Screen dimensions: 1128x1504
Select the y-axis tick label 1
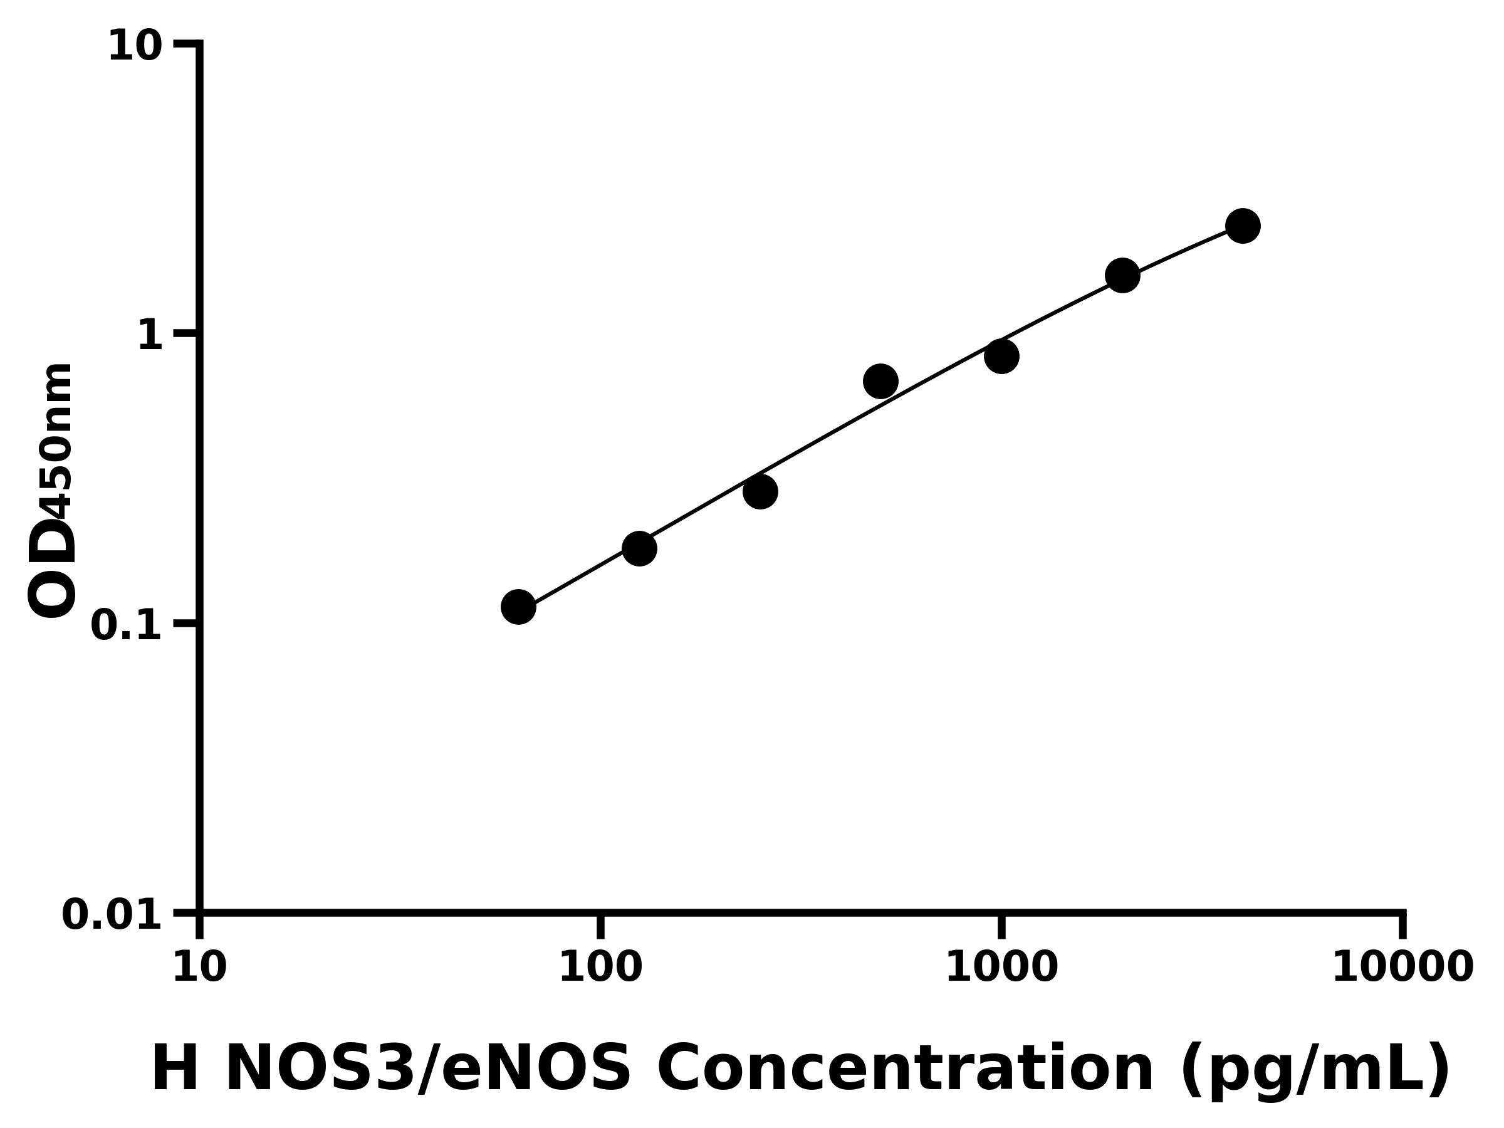click(x=150, y=336)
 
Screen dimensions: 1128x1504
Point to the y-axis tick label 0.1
click(x=126, y=625)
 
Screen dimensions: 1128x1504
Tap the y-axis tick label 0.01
click(x=112, y=915)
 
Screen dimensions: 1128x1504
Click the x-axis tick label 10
click(x=199, y=968)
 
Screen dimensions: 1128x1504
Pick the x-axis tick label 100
click(x=600, y=968)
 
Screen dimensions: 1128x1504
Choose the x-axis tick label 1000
click(x=1001, y=968)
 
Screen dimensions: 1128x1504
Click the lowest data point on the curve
click(x=518, y=607)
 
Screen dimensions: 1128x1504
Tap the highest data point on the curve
click(x=1242, y=226)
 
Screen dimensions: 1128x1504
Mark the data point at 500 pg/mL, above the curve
click(x=880, y=381)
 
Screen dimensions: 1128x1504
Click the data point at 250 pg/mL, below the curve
click(x=760, y=491)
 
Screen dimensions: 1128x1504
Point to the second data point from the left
click(x=639, y=548)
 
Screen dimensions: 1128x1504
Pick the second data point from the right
click(x=1122, y=275)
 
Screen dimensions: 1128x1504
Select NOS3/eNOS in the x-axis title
click(x=427, y=1068)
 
